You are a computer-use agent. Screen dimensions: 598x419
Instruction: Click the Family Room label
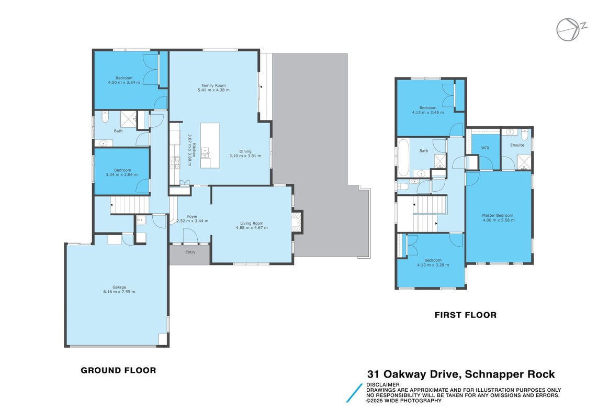pos(213,85)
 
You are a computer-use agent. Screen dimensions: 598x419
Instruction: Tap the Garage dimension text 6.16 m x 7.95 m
pos(119,292)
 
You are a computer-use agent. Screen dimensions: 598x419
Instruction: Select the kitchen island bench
pos(210,146)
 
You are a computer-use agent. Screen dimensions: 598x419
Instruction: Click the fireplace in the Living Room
pos(297,222)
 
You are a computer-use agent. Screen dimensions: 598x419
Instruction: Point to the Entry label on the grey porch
pos(190,252)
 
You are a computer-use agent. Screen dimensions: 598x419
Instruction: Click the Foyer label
pos(192,216)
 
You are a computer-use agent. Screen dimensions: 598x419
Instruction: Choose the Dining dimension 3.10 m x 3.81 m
pos(245,156)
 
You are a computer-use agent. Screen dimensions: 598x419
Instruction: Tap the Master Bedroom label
pos(498,215)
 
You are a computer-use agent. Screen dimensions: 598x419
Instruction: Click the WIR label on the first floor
pos(485,148)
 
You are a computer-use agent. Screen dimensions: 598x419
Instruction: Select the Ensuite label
pos(517,145)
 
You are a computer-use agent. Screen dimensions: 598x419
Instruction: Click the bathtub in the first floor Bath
pos(403,157)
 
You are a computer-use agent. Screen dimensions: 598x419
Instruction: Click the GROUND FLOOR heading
pos(119,370)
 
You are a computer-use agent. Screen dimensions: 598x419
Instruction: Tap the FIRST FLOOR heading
pos(466,315)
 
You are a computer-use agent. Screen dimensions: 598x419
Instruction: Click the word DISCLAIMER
pos(383,384)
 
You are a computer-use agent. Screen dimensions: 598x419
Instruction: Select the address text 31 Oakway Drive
pos(413,374)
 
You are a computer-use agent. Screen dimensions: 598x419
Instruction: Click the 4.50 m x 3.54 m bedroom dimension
pos(124,83)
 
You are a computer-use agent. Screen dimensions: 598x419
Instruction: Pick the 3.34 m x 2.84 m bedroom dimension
pos(122,174)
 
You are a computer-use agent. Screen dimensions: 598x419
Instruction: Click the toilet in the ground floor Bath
pos(106,116)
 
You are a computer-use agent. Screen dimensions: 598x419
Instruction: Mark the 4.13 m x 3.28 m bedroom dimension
pos(433,265)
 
